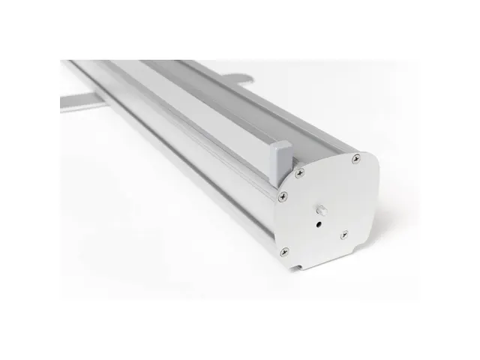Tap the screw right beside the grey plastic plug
(x=299, y=174)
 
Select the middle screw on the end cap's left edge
(x=283, y=197)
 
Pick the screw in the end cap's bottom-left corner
(x=283, y=252)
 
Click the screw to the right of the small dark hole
(x=343, y=235)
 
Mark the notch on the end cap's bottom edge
(x=300, y=263)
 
